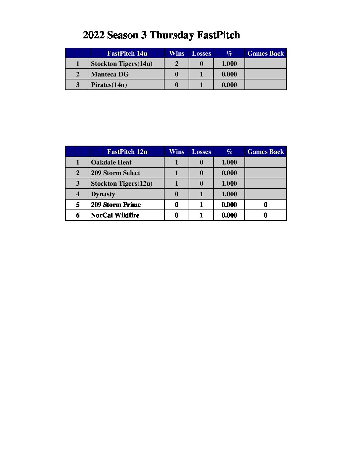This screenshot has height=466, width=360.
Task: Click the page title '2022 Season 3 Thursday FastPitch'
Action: point(161,35)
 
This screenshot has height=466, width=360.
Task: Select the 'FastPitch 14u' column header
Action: point(127,53)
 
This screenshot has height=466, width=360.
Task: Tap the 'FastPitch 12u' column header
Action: point(127,152)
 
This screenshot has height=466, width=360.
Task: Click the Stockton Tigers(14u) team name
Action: point(121,64)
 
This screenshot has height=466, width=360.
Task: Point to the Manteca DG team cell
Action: point(110,74)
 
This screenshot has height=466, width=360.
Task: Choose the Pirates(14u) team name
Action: point(109,85)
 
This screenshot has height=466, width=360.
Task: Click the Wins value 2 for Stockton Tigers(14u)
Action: point(176,64)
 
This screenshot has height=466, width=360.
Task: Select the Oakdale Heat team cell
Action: point(111,162)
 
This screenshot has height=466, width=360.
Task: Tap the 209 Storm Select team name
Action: point(115,173)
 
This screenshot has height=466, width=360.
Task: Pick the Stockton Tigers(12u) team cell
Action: point(121,183)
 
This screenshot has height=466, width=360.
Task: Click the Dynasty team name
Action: point(103,194)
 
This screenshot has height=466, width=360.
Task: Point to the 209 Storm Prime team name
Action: point(116,205)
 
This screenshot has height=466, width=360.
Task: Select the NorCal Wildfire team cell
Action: point(115,215)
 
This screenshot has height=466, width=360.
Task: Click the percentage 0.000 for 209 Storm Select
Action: point(229,173)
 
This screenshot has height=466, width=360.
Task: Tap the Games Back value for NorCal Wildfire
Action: point(265,215)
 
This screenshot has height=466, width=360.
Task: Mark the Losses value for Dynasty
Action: point(201,194)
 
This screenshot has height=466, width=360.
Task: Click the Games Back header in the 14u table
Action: point(265,53)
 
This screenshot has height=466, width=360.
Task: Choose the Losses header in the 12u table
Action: point(201,152)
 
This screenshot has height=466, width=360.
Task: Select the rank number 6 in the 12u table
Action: point(78,215)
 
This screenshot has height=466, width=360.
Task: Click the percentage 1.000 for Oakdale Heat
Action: point(229,162)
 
